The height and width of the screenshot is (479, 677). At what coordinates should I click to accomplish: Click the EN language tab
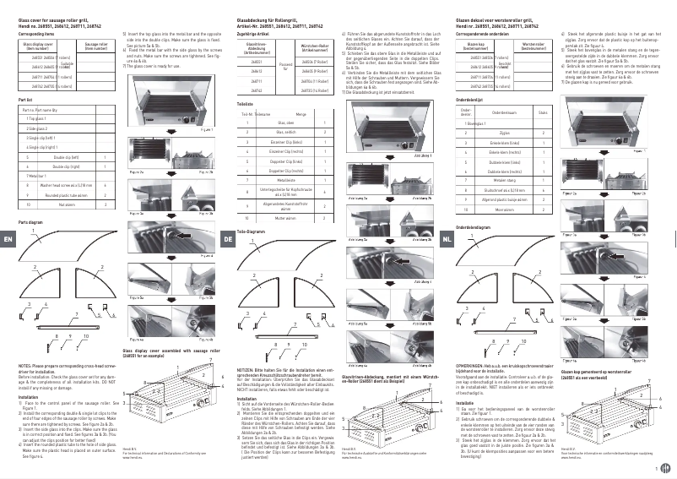tap(8, 241)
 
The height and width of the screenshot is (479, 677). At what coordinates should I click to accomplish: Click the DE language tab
tap(229, 241)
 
